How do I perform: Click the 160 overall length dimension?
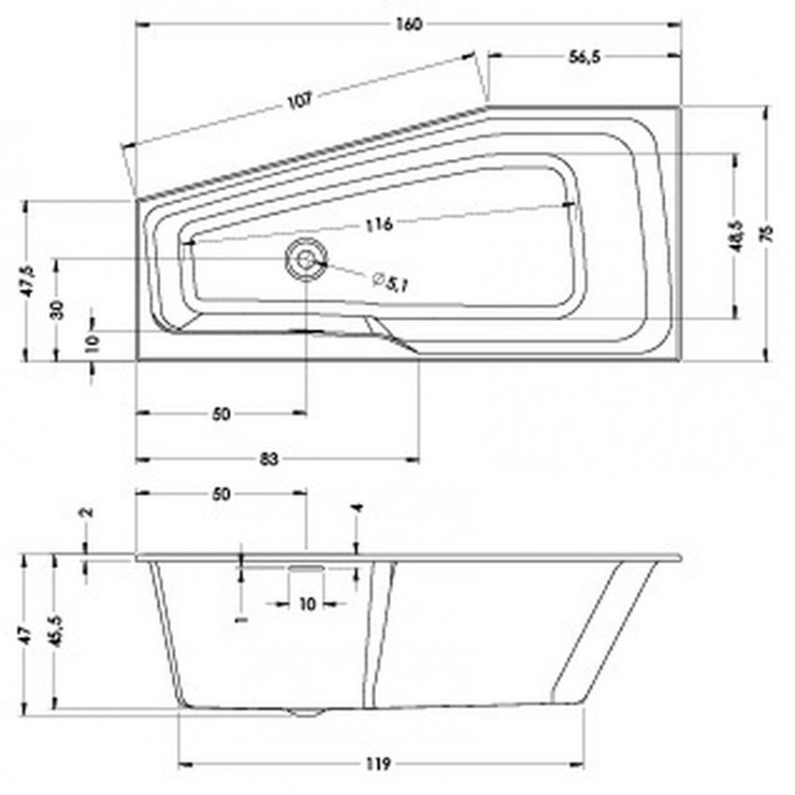406,24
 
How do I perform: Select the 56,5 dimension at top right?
585,58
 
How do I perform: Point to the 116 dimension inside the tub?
377,224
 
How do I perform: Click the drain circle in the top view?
305,259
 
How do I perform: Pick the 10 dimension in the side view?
307,603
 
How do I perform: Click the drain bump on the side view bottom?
306,712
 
